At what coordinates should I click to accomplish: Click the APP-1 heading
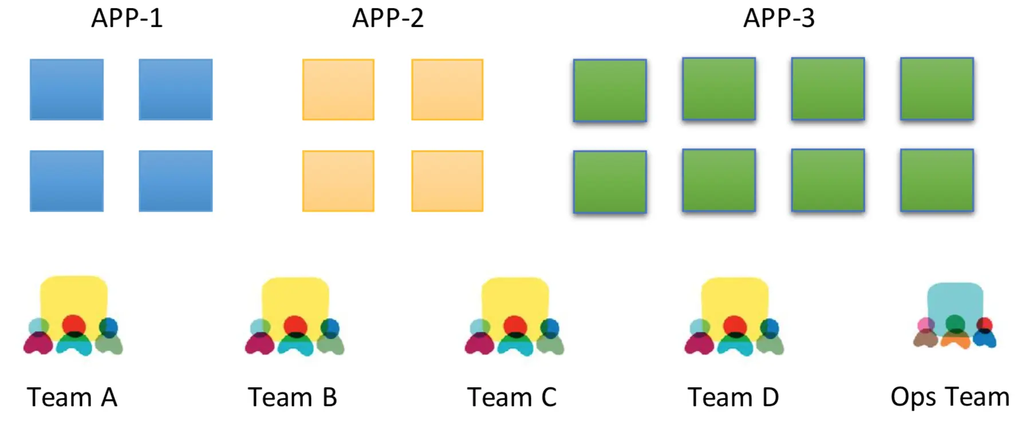(x=127, y=18)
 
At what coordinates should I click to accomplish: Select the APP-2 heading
(x=388, y=18)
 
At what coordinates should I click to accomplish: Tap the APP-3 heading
(x=779, y=18)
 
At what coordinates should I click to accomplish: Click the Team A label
(x=72, y=398)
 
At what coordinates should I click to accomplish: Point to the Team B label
(x=293, y=398)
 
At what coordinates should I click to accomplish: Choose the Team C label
(x=512, y=398)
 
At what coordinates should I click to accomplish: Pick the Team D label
(x=733, y=398)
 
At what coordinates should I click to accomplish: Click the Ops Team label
(x=950, y=397)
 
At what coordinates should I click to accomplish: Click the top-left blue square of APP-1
(x=67, y=89)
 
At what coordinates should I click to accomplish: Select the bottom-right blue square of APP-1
(x=176, y=181)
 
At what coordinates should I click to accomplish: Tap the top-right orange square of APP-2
(x=447, y=89)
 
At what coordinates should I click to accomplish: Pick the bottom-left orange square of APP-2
(x=338, y=181)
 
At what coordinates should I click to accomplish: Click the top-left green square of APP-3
(x=610, y=90)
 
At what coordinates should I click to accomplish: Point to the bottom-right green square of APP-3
(x=937, y=180)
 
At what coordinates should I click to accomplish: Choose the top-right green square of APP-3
(x=937, y=89)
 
